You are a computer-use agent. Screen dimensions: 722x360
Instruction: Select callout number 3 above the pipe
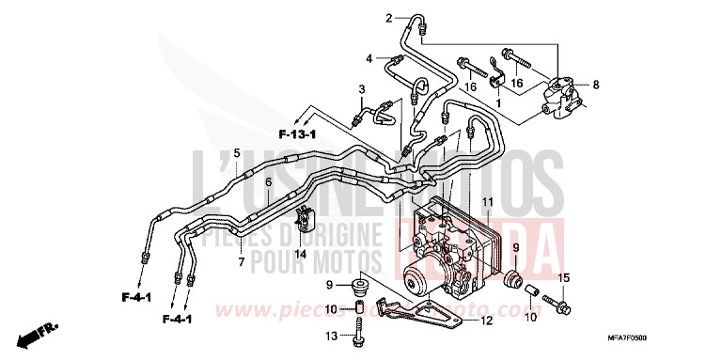click(x=361, y=88)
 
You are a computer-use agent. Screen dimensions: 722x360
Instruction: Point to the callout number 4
click(x=369, y=57)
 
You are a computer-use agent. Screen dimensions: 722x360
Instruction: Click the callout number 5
click(x=237, y=153)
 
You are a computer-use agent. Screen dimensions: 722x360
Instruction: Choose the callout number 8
click(x=595, y=86)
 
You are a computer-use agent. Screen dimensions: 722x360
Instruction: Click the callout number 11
click(x=488, y=203)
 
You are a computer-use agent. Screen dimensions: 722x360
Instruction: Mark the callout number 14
click(x=300, y=254)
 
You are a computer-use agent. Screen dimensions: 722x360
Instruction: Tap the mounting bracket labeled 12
click(x=422, y=311)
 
